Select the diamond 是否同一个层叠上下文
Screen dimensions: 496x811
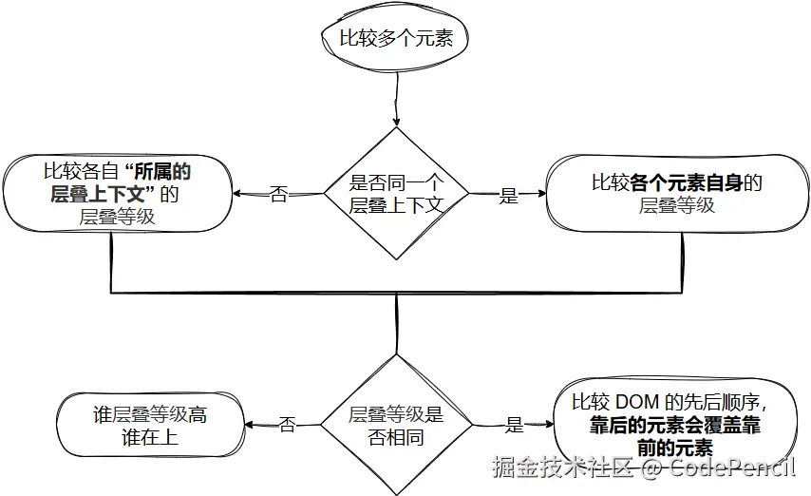click(396, 193)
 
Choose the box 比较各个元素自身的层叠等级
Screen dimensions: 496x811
click(676, 193)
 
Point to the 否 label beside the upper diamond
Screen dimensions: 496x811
click(279, 195)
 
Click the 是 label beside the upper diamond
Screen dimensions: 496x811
click(510, 196)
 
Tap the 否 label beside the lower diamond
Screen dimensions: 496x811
click(286, 425)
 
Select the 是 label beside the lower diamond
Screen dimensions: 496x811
click(515, 425)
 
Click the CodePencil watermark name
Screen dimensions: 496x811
click(732, 467)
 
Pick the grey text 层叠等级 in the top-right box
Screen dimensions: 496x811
click(676, 205)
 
